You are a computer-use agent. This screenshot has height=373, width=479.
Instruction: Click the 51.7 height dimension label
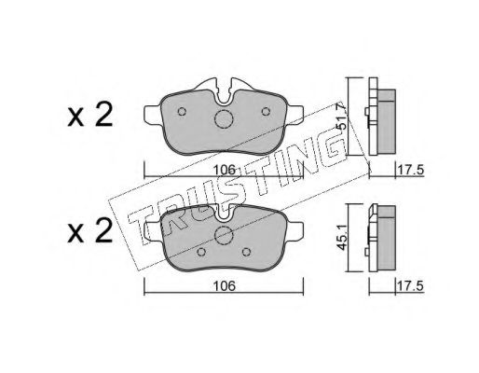click(x=342, y=116)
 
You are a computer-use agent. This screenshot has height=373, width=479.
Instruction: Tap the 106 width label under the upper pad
click(x=224, y=170)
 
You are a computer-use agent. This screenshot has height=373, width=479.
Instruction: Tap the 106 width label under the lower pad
click(x=224, y=286)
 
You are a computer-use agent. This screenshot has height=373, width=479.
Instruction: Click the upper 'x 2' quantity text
click(x=90, y=116)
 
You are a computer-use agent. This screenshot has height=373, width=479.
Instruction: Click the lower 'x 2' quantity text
click(x=90, y=231)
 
